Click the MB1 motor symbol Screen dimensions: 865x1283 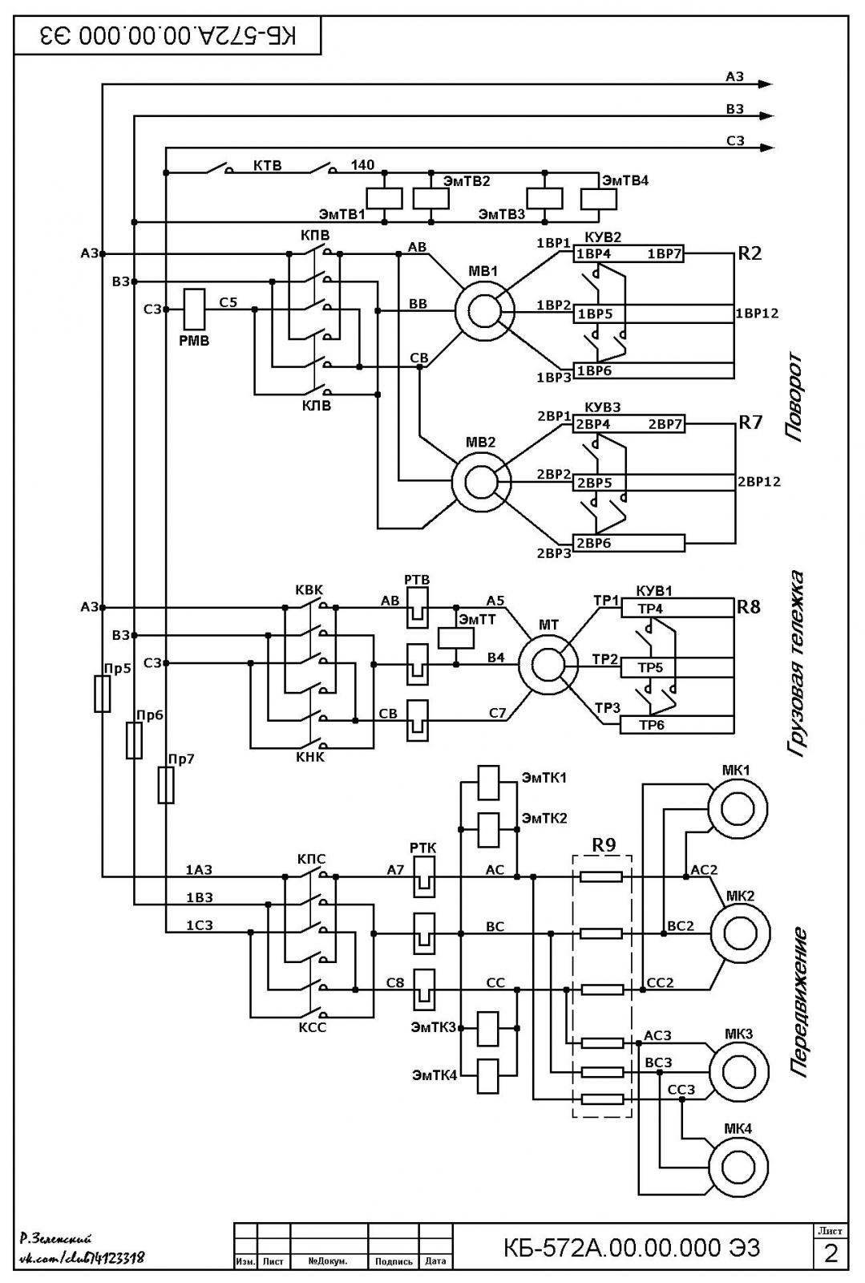(484, 312)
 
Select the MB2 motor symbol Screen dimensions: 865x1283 (481, 482)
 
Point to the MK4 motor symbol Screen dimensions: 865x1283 (738, 1167)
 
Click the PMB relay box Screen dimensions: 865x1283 (193, 310)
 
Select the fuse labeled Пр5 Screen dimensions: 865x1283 (103, 694)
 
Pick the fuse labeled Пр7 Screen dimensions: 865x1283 (166, 785)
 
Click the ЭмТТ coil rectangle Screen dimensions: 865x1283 (456, 638)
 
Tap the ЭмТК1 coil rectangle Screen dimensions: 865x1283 (488, 783)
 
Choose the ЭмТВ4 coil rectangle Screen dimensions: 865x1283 (599, 200)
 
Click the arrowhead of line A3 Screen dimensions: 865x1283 (766, 84)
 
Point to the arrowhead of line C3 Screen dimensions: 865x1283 (766, 148)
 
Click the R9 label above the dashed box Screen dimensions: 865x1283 (604, 845)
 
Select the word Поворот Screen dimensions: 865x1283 (794, 397)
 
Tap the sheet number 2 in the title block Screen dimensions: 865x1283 (831, 1254)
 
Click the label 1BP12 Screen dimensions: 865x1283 (757, 314)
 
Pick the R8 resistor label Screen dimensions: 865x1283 (748, 606)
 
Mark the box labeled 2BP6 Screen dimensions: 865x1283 (629, 543)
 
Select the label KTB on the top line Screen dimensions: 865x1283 (268, 166)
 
